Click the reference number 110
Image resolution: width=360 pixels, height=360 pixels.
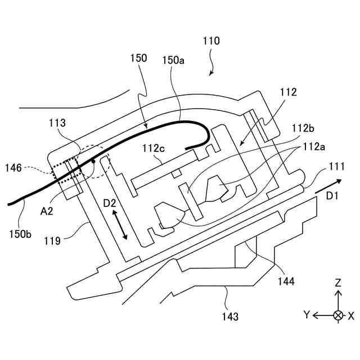point(211,41)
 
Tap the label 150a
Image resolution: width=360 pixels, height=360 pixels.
point(173,58)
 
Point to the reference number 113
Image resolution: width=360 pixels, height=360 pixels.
point(57,123)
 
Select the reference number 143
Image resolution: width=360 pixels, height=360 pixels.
point(229,317)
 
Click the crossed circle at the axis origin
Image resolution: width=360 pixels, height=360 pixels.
point(337,315)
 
